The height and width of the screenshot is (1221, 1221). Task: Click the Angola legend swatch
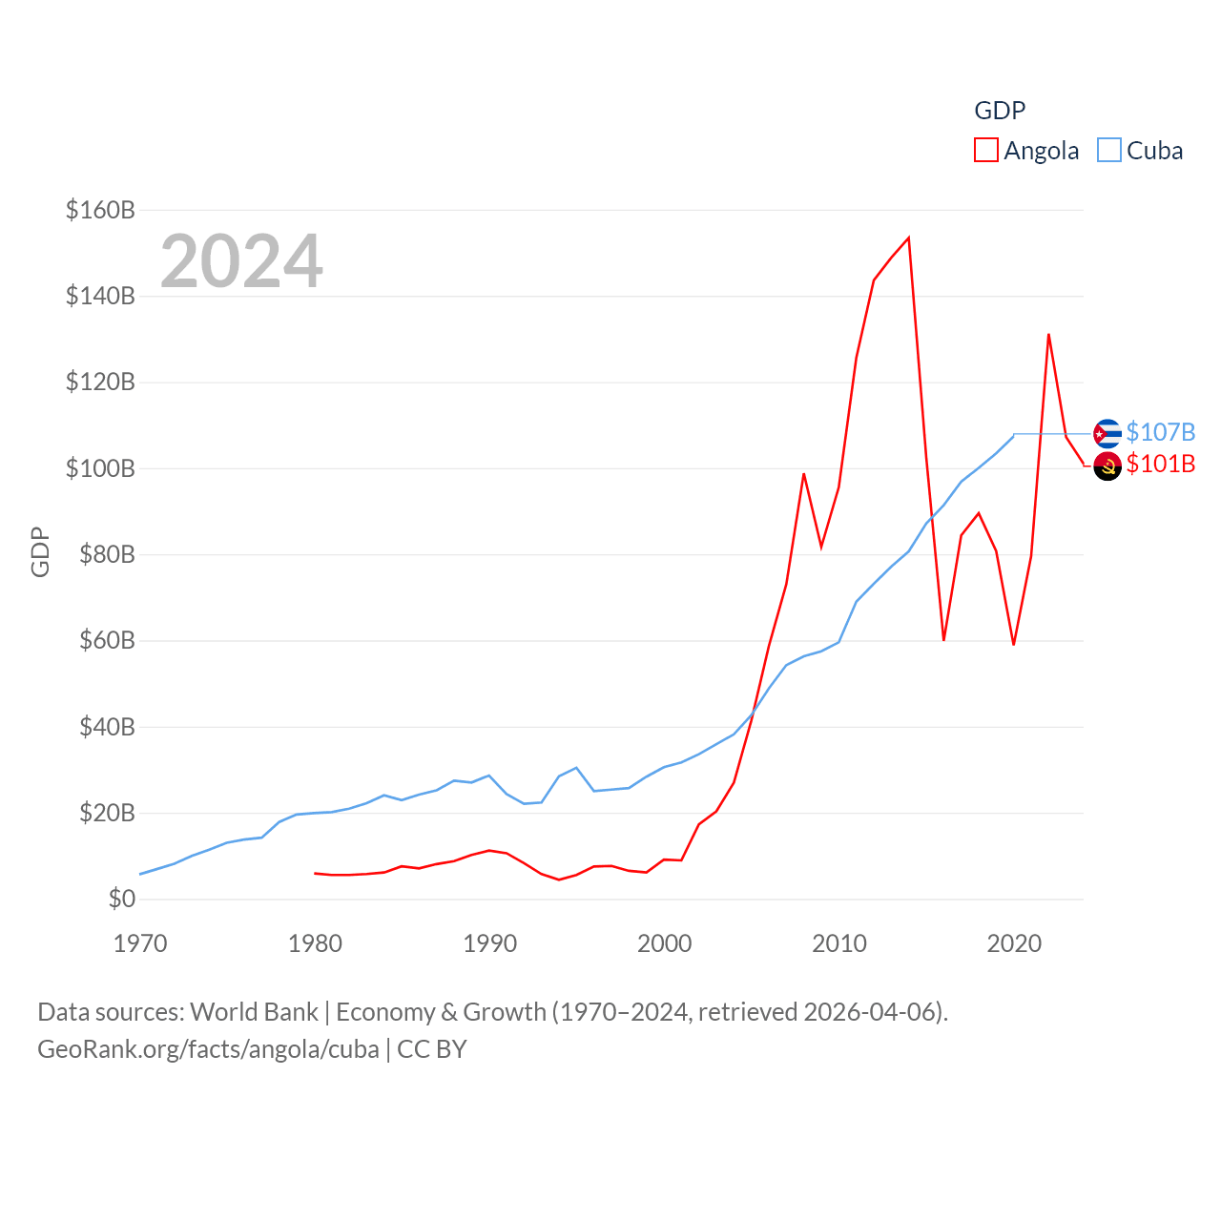pos(986,150)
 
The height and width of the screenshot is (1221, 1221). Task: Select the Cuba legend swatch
pos(1108,150)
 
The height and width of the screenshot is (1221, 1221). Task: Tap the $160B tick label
pos(100,210)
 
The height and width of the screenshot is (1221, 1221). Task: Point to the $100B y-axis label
pos(100,468)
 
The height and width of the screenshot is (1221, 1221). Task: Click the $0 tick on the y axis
pos(121,899)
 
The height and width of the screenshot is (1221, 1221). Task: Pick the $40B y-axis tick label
pos(107,727)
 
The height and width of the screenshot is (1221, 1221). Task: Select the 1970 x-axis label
pos(140,944)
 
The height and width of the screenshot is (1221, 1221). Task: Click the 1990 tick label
pos(489,944)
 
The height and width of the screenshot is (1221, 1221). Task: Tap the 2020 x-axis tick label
pos(1014,944)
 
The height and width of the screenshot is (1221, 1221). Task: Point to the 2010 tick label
pos(839,944)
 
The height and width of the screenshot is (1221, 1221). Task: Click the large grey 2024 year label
pos(241,261)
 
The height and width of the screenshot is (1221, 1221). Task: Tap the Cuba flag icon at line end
pos(1107,434)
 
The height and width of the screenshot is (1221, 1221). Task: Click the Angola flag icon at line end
pos(1107,466)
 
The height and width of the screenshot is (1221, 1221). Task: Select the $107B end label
pos(1160,432)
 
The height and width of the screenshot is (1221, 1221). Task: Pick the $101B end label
pos(1160,464)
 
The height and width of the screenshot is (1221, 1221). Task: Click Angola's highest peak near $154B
pos(908,238)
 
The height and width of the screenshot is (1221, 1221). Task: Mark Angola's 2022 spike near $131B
pos(1048,335)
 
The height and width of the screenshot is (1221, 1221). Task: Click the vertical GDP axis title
pos(40,551)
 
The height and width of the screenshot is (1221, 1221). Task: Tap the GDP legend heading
pos(1000,111)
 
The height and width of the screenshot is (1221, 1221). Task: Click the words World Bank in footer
pos(254,1012)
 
